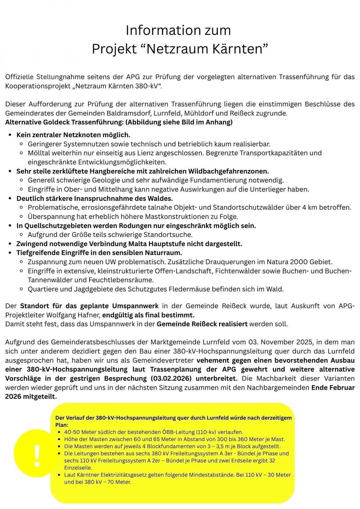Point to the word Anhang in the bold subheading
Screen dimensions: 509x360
pyautogui.click(x=219, y=123)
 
